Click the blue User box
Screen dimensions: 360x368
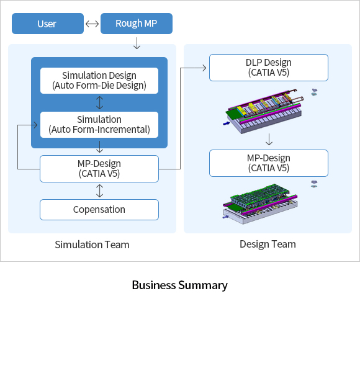(x=48, y=24)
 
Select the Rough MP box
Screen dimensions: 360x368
(x=137, y=24)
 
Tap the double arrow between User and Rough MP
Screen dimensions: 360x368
(x=92, y=24)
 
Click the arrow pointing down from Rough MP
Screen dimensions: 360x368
(x=137, y=43)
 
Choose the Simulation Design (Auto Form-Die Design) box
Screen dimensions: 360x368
(x=99, y=81)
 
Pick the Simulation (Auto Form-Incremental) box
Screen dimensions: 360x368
(x=99, y=125)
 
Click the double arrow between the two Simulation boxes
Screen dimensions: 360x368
(x=99, y=103)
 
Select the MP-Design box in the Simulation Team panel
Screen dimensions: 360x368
(x=99, y=169)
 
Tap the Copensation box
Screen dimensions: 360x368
(x=99, y=210)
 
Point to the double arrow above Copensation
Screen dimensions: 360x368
(x=99, y=191)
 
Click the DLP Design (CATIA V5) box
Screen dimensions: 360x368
(x=269, y=68)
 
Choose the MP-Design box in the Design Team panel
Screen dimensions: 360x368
(x=269, y=163)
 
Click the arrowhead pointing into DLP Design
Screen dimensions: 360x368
(x=204, y=68)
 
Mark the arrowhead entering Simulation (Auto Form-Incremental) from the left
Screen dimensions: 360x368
(x=35, y=125)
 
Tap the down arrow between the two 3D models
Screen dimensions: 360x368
(x=269, y=140)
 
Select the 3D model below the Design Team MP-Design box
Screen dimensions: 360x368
(x=260, y=204)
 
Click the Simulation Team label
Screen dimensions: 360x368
(x=92, y=245)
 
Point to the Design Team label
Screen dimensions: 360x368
(x=268, y=245)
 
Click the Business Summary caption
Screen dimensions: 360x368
(x=180, y=285)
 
